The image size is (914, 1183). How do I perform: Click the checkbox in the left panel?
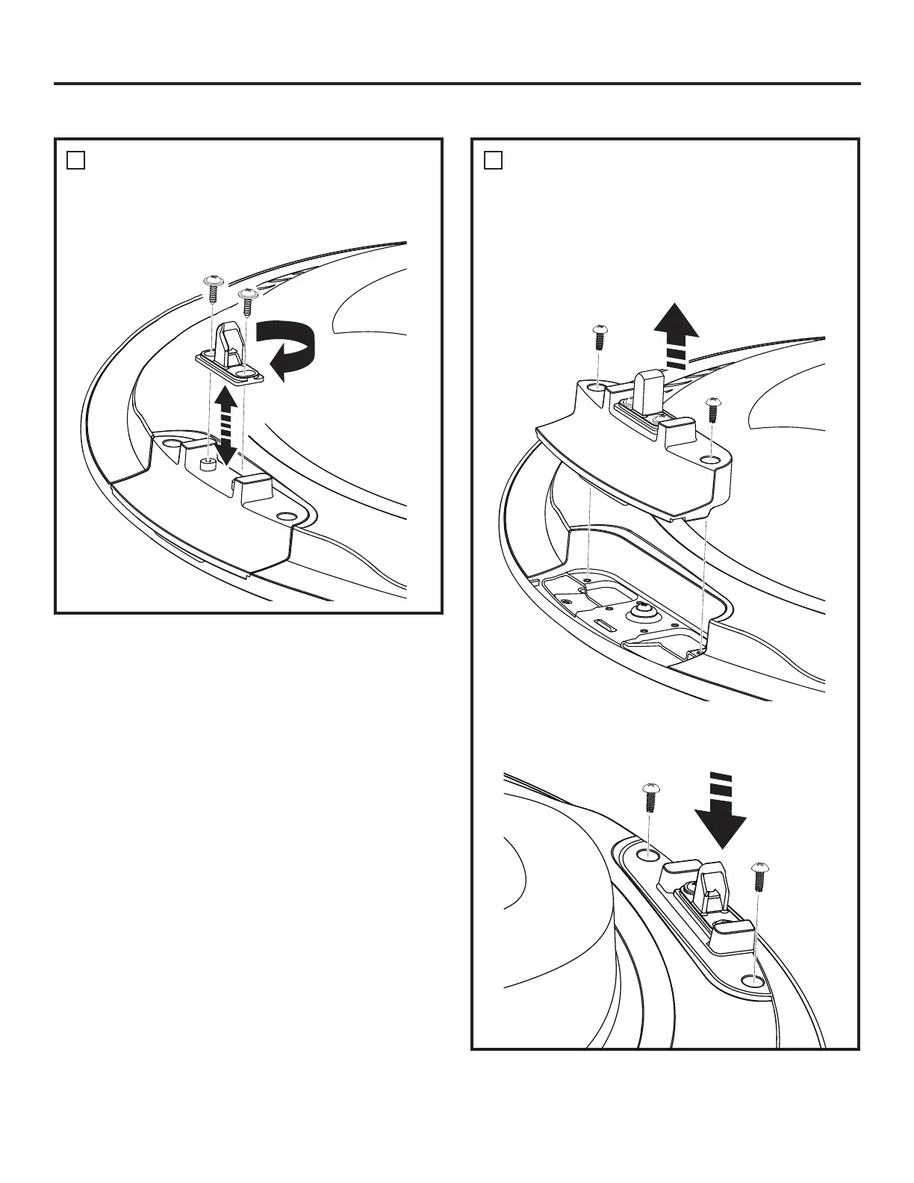[75, 160]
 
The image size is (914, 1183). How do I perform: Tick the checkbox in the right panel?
[492, 160]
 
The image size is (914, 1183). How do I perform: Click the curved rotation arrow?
[286, 348]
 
